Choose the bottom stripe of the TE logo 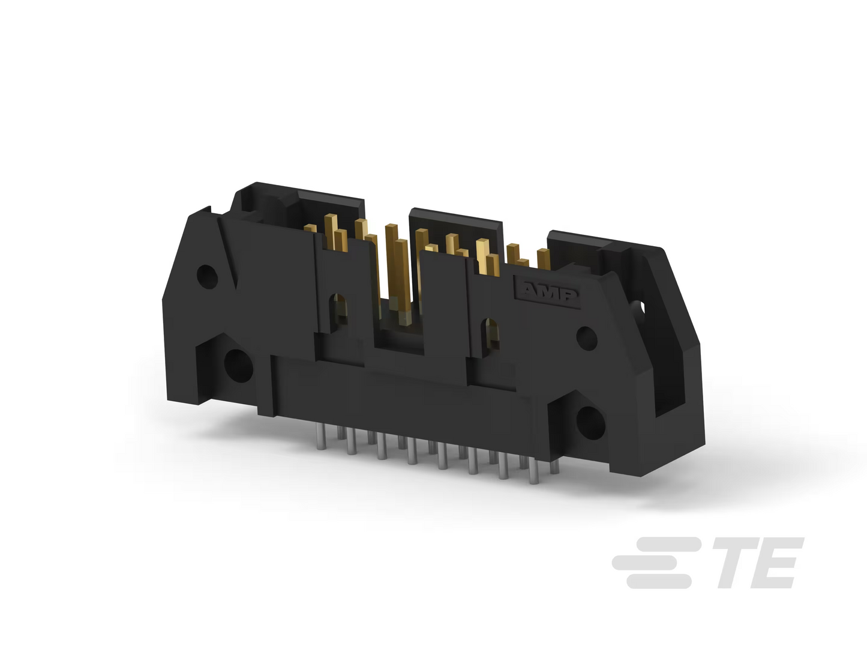pos(658,581)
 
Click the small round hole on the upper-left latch pos(207,276)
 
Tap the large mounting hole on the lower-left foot pos(238,366)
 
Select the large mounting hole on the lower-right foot pos(590,423)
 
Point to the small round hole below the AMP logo pos(587,338)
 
